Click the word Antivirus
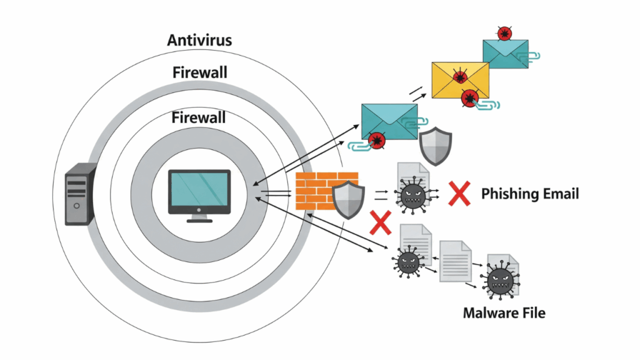199,41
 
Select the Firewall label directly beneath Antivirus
199,72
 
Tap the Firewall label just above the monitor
199,117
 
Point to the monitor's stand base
199,220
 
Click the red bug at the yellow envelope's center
461,77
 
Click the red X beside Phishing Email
459,194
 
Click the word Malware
489,312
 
